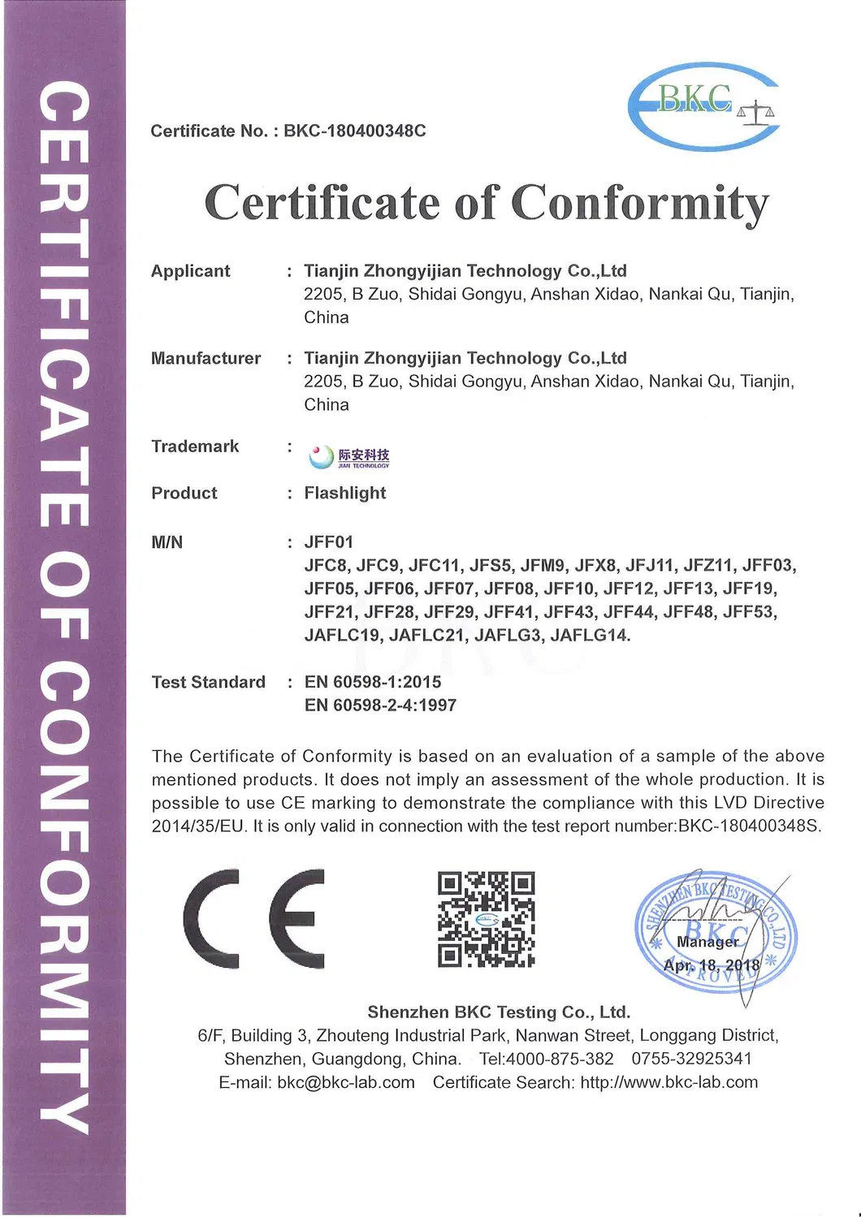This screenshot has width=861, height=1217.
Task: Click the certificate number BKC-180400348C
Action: click(x=354, y=131)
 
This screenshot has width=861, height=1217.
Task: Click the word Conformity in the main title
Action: click(x=639, y=203)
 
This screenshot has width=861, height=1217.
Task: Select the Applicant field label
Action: click(x=191, y=271)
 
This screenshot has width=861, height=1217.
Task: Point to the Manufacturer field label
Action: click(x=206, y=358)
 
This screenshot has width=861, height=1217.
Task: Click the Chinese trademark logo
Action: click(x=349, y=456)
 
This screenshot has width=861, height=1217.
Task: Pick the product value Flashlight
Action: click(x=345, y=493)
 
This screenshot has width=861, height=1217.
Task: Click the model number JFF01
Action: click(x=329, y=542)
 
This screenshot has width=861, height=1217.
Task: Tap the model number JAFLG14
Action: click(x=590, y=635)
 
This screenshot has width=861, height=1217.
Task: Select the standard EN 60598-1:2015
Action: click(x=373, y=682)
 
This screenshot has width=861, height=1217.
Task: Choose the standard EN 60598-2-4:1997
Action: click(x=380, y=706)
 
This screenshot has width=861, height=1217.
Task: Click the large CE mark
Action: click(x=254, y=918)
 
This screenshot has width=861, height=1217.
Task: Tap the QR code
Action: click(x=486, y=919)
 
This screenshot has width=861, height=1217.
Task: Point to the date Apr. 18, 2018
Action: click(x=712, y=965)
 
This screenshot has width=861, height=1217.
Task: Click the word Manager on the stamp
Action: click(x=708, y=942)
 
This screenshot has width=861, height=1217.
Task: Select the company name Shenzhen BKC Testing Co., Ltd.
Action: click(x=499, y=1012)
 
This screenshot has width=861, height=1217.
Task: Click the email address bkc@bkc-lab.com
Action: click(x=346, y=1082)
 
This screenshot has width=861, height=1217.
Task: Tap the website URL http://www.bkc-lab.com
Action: click(x=669, y=1082)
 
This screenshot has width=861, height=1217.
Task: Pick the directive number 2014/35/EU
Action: click(x=198, y=826)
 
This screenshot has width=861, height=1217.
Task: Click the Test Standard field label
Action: click(x=209, y=682)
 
